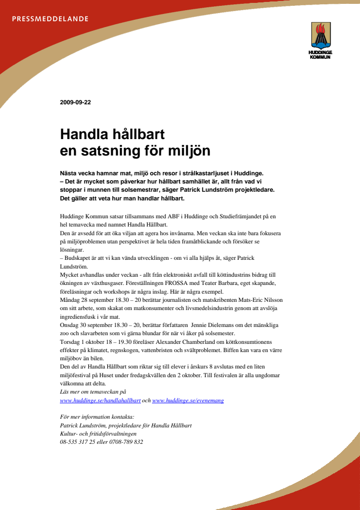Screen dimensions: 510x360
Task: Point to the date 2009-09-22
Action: (75, 102)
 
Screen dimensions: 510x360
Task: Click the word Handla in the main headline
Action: (83, 133)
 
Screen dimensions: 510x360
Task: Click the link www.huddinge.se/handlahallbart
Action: (100, 400)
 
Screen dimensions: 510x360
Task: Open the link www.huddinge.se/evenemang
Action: (188, 400)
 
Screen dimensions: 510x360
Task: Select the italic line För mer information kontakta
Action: (97, 416)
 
